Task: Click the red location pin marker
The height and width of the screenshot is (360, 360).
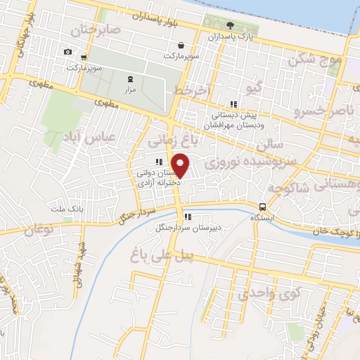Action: (x=181, y=165)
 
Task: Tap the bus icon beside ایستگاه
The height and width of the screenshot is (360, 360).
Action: (x=262, y=207)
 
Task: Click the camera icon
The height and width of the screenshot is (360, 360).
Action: (x=67, y=51)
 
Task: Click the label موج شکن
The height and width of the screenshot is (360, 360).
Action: (x=321, y=60)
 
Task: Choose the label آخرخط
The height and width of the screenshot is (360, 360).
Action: (x=190, y=91)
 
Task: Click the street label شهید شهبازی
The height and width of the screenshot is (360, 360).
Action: (x=78, y=265)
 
